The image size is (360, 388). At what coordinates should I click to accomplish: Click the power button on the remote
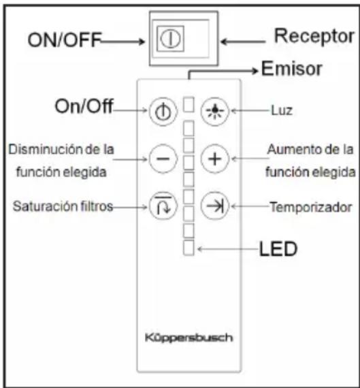point(163,112)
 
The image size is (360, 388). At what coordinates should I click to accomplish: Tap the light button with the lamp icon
point(215,111)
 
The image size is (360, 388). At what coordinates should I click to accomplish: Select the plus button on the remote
point(215,159)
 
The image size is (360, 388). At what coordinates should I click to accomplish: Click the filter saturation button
point(163,206)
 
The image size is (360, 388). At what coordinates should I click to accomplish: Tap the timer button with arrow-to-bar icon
point(215,206)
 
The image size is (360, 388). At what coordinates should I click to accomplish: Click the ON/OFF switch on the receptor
point(171,39)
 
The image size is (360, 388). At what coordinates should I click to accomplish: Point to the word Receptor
point(314,36)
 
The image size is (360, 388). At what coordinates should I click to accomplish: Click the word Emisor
point(292,69)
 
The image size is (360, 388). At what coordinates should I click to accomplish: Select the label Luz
point(282,110)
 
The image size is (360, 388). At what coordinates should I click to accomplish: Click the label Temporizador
point(311,207)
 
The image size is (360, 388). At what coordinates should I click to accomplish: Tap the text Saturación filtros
point(63,206)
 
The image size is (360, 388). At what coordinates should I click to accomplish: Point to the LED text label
point(278,248)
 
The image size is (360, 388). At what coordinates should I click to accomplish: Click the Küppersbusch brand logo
point(189,338)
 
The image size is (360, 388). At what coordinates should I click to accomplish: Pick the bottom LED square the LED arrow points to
point(189,248)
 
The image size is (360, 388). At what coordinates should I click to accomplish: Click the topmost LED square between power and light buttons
point(189,105)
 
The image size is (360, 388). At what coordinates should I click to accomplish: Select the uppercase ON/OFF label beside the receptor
point(65,39)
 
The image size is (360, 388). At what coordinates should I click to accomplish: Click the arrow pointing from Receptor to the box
point(243,42)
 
